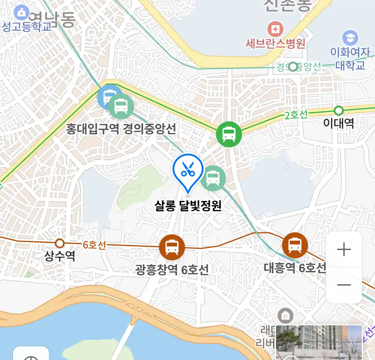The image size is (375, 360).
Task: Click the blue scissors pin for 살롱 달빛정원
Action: (188, 170)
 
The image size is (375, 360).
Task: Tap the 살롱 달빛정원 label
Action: (188, 206)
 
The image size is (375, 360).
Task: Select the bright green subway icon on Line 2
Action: (229, 134)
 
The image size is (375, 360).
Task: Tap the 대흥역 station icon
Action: (295, 245)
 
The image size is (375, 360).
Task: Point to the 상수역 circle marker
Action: (60, 243)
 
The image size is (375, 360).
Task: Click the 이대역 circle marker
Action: (339, 110)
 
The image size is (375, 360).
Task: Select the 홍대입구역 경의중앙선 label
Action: (121, 129)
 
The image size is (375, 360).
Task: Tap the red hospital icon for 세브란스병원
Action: (275, 30)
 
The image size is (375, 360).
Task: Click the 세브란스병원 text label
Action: (275, 43)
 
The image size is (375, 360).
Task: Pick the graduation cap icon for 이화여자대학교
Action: (350, 38)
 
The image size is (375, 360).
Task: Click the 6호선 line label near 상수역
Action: (94, 245)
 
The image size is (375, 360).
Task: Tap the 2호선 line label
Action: (296, 115)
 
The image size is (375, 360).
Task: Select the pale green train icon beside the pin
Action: (213, 178)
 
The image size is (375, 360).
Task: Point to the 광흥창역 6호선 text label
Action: (172, 269)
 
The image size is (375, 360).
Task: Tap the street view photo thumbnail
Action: (319, 343)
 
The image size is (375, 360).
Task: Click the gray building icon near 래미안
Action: (285, 315)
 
